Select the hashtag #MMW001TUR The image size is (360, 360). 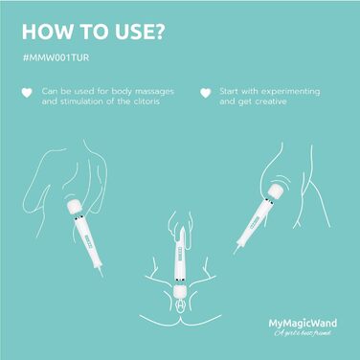56,57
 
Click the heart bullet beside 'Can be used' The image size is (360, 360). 27,92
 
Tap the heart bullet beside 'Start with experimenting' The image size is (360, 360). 206,93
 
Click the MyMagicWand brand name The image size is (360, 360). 303,324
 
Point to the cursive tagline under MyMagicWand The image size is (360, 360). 303,333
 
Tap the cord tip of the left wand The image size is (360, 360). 101,272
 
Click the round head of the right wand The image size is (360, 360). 276,191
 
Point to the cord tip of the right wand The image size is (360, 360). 236,251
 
